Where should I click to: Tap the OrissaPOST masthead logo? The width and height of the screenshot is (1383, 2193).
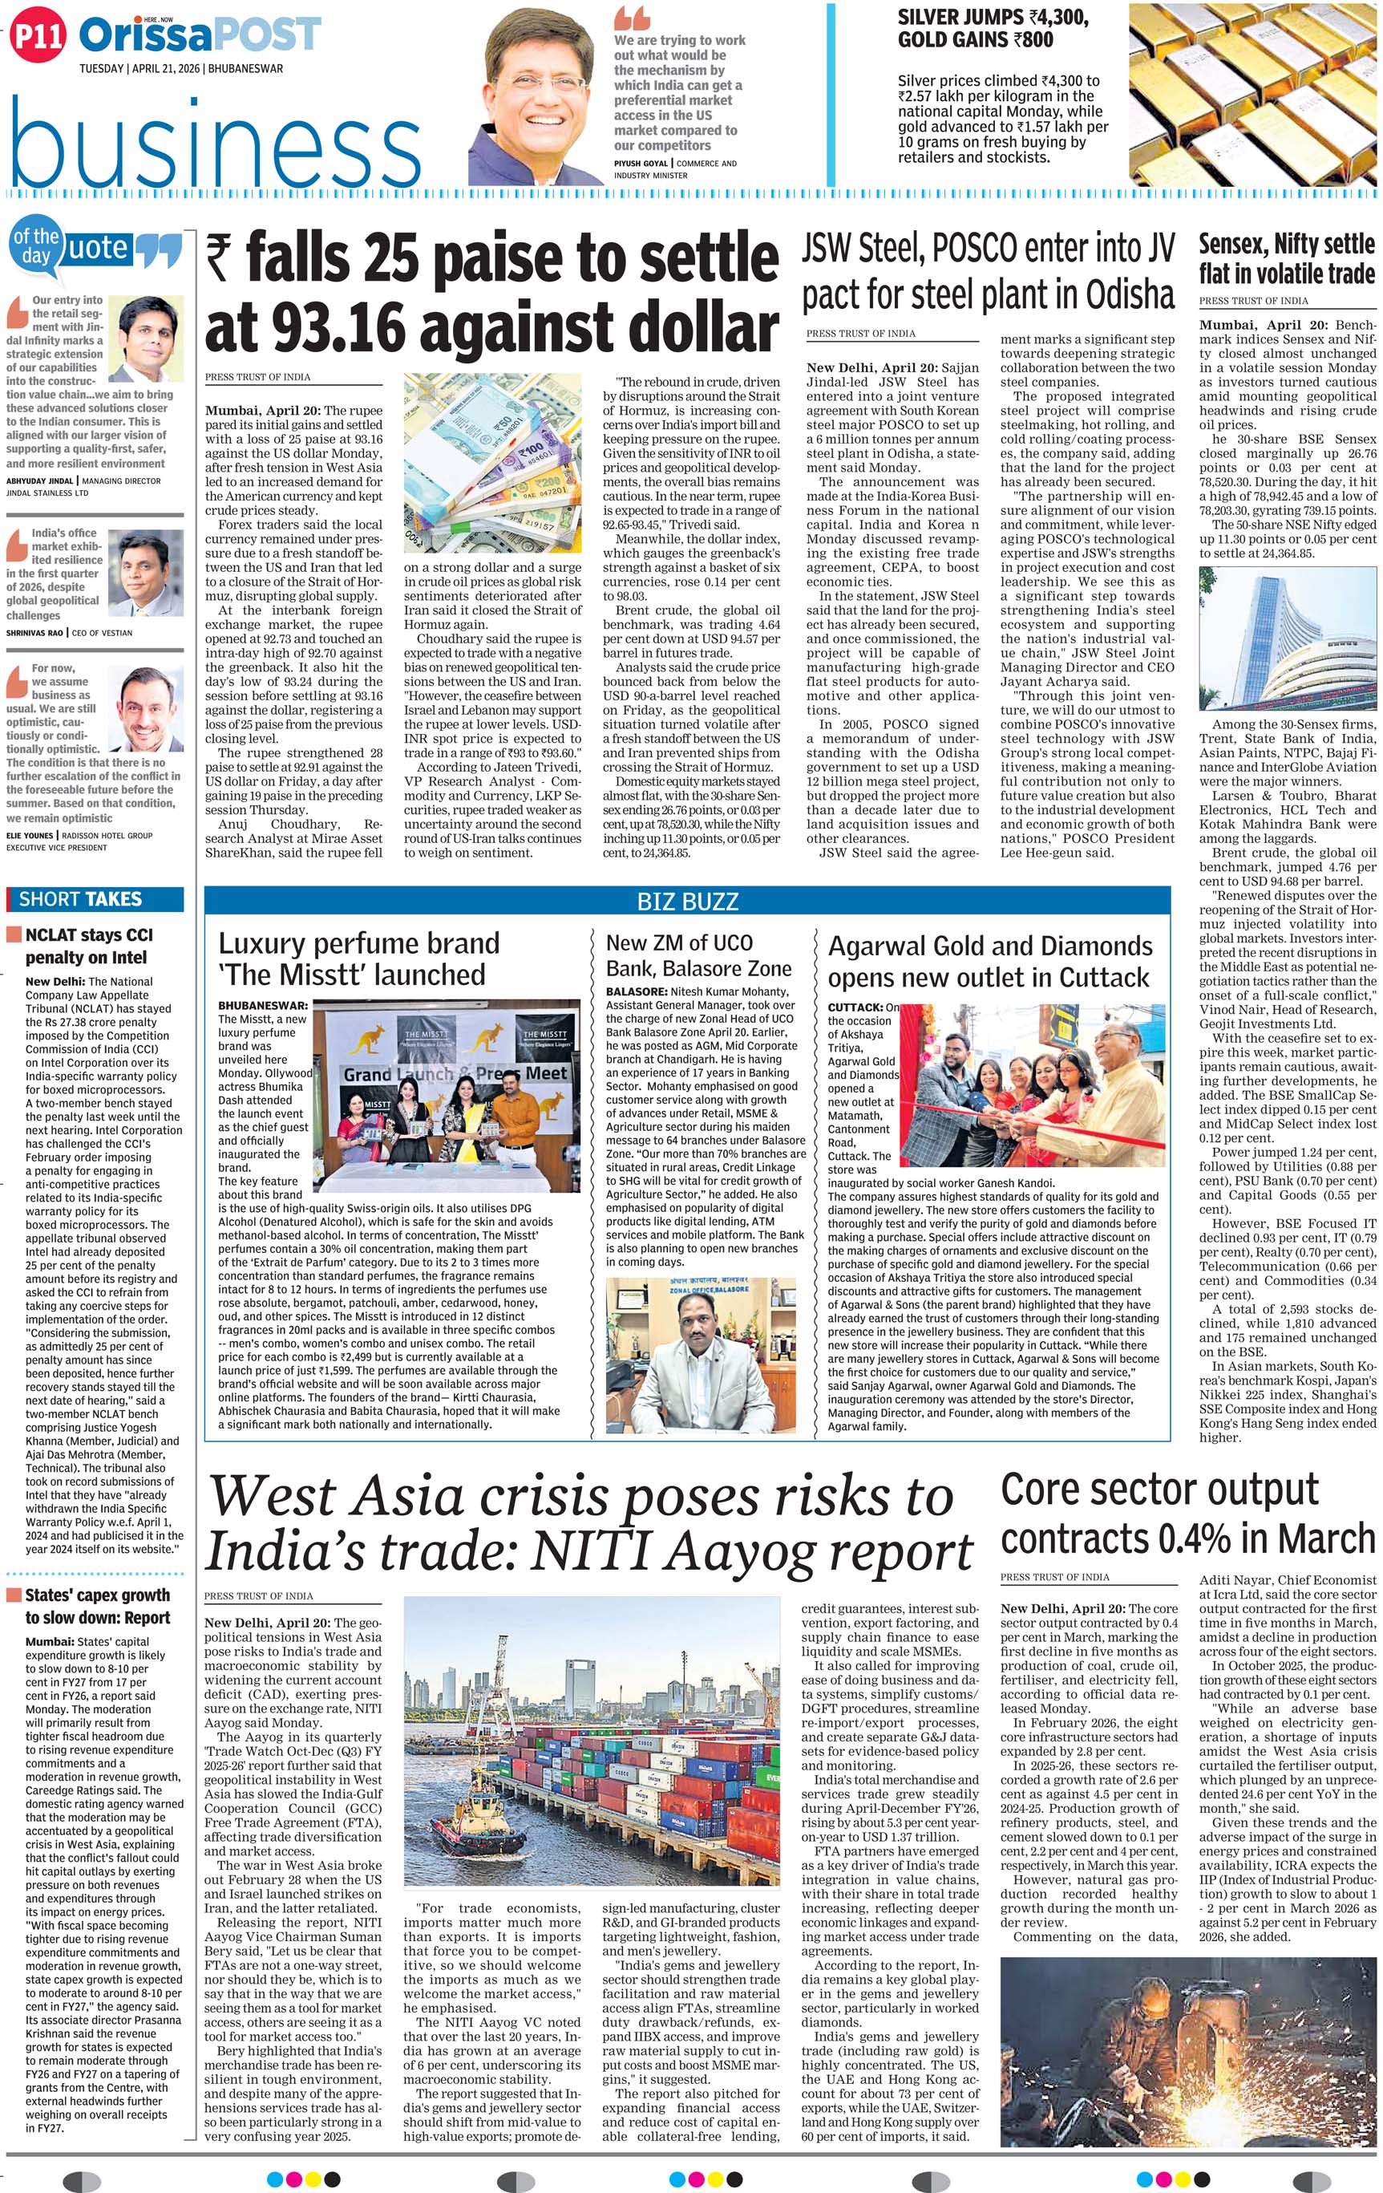(200, 35)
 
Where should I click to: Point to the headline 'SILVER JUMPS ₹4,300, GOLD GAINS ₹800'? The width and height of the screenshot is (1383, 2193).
(993, 28)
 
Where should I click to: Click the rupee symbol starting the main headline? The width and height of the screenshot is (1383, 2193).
(219, 257)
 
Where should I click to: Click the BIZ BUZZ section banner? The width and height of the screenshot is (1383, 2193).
(687, 902)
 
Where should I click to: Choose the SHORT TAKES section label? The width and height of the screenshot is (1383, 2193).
(80, 899)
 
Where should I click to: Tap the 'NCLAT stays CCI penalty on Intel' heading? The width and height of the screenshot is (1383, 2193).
(88, 946)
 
